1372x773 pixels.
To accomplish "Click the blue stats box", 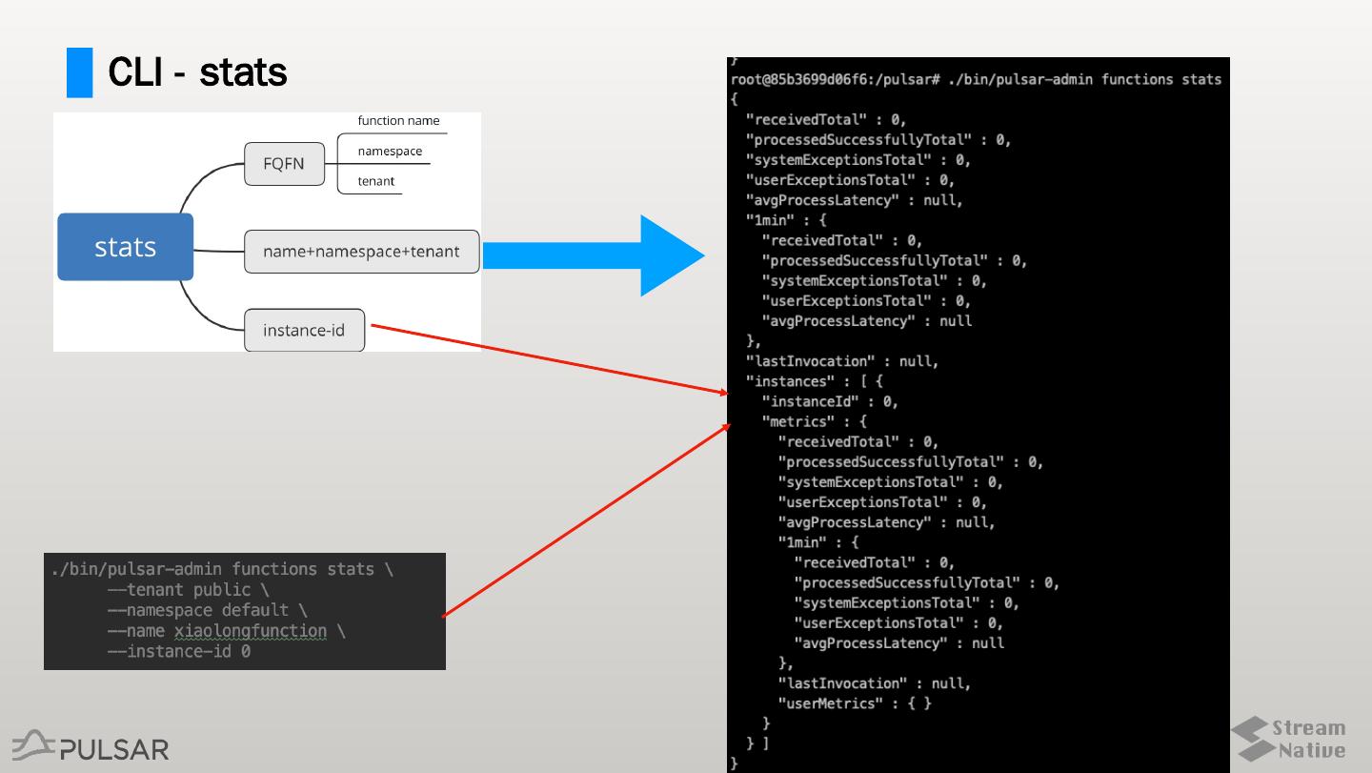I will click(x=125, y=247).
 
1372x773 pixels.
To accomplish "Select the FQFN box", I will click(x=283, y=164).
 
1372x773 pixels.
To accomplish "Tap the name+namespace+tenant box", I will click(x=361, y=252).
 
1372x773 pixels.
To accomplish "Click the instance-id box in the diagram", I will click(x=304, y=331).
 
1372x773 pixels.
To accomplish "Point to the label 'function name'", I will click(x=398, y=121).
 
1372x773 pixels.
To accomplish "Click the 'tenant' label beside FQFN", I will click(x=376, y=181).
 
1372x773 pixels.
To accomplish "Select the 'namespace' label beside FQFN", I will click(x=390, y=151).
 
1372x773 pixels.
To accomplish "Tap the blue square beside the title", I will click(x=79, y=72).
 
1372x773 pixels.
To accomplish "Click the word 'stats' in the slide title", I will click(x=242, y=72).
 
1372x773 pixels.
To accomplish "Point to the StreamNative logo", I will click(x=1288, y=739).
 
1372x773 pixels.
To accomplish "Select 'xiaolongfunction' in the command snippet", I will click(x=250, y=631).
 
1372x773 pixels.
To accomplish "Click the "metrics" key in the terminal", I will click(x=801, y=421).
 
